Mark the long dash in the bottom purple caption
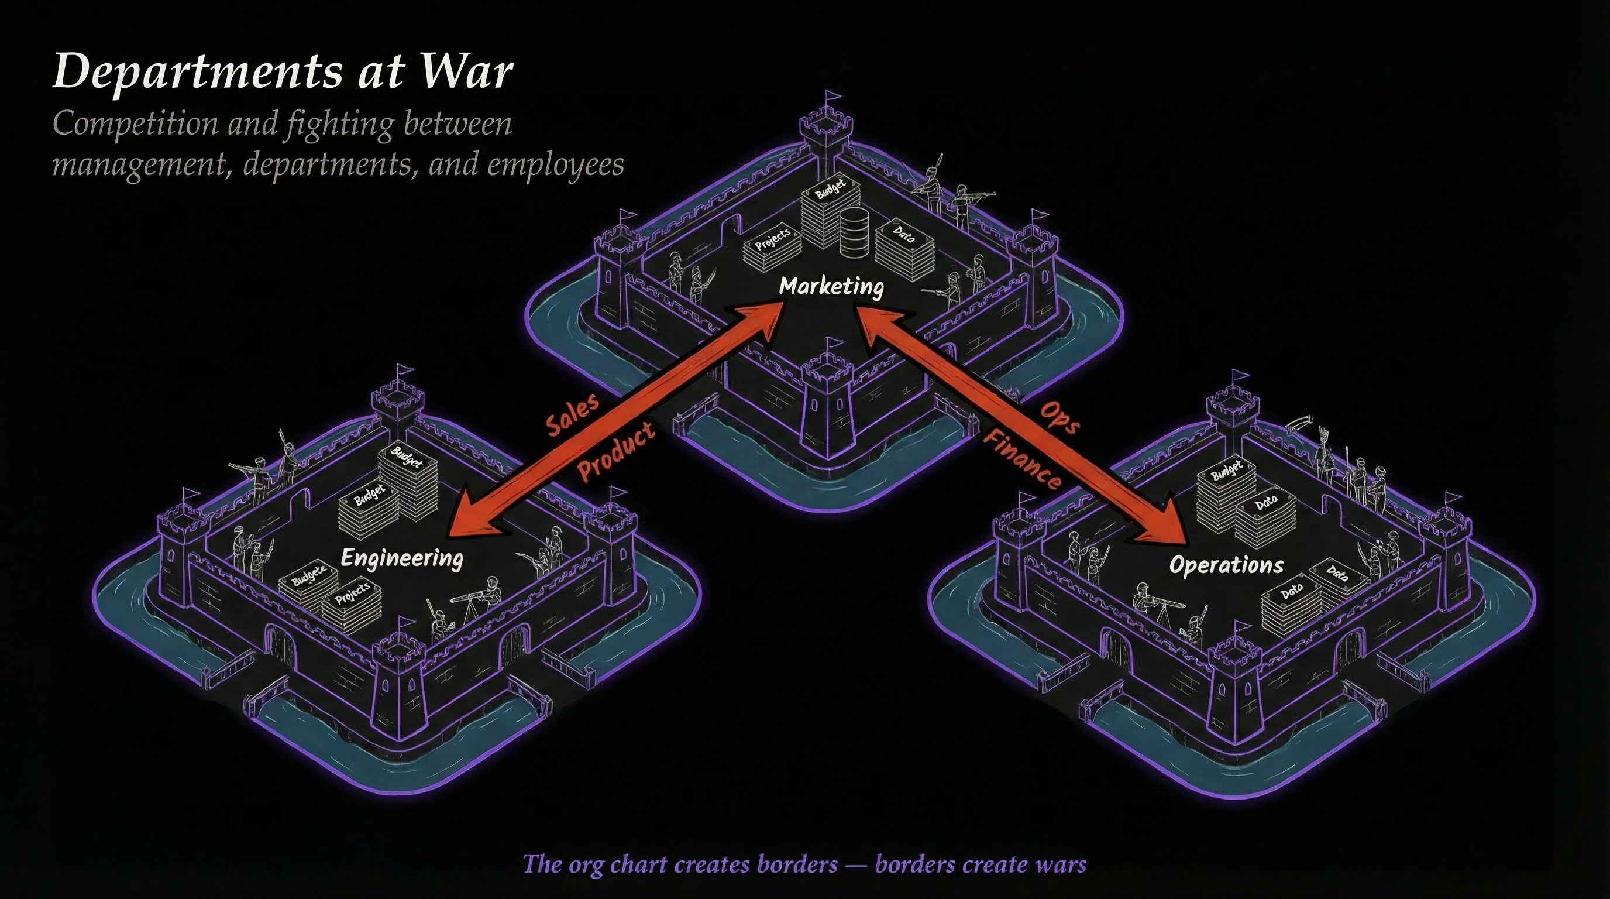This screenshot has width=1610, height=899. [x=856, y=864]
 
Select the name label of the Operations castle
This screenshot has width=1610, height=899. [x=1226, y=565]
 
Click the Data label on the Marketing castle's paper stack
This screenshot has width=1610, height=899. [x=903, y=236]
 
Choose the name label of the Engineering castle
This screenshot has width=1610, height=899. [x=402, y=558]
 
